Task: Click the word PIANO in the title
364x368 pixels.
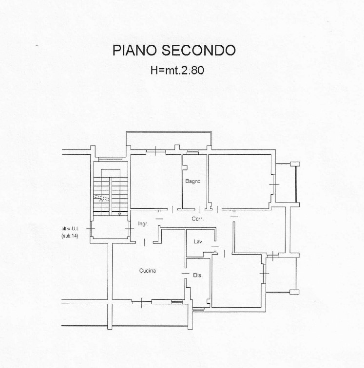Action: click(134, 50)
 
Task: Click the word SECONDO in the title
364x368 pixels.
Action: click(198, 50)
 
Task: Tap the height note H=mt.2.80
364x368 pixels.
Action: click(177, 70)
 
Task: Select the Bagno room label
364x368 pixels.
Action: click(192, 181)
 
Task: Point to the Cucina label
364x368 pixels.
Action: click(147, 271)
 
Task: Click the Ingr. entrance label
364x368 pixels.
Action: click(143, 223)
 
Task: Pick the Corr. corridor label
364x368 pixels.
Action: click(198, 219)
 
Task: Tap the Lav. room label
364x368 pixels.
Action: click(198, 241)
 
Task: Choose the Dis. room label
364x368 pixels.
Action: click(198, 276)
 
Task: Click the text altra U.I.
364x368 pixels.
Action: click(70, 229)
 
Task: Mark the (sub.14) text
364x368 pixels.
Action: click(70, 236)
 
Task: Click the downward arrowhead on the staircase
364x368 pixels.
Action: click(119, 214)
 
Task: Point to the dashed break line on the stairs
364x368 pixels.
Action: click(102, 198)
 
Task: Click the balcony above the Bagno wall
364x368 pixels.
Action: click(169, 140)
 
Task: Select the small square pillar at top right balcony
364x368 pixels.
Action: click(295, 164)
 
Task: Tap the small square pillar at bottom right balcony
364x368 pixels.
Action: click(294, 292)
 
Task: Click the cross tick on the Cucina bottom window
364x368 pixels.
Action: click(141, 302)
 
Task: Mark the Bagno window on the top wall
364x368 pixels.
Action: click(192, 152)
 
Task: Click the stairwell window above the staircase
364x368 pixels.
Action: click(110, 160)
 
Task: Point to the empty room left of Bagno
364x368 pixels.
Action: click(156, 181)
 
